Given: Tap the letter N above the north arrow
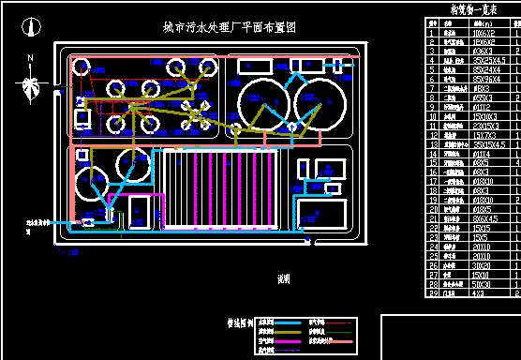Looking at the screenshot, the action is tap(31, 59).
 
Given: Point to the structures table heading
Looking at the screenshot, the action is tap(458, 8).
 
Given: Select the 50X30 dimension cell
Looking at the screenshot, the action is tap(454, 282).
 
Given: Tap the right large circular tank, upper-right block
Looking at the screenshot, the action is tap(319, 102).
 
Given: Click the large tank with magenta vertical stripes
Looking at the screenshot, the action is tap(220, 187).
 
